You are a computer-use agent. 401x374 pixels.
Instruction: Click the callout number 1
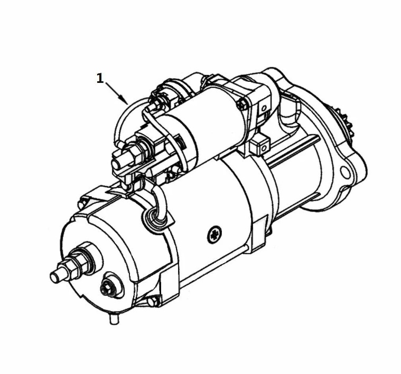(x=100, y=78)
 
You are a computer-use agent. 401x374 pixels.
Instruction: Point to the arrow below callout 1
(x=117, y=93)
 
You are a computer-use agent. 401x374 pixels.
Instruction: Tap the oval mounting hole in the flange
(x=345, y=173)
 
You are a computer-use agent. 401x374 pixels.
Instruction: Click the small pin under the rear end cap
(x=114, y=318)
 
